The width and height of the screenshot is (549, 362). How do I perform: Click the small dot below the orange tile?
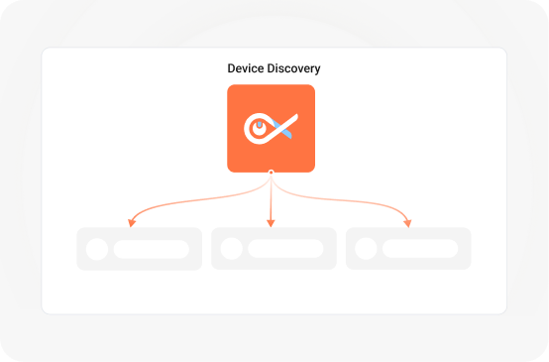pyautogui.click(x=271, y=174)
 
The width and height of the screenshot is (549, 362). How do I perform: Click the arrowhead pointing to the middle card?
pyautogui.click(x=271, y=222)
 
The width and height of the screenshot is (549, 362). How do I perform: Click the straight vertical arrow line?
pyautogui.click(x=271, y=198)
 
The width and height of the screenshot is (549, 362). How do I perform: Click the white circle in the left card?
pyautogui.click(x=97, y=249)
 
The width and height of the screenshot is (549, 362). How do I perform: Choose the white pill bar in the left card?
pyautogui.click(x=151, y=249)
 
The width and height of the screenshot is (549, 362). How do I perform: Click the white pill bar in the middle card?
pyautogui.click(x=285, y=249)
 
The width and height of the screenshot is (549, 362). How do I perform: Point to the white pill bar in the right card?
pyautogui.click(x=420, y=249)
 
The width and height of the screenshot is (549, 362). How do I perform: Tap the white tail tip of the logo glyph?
pyautogui.click(x=295, y=117)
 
